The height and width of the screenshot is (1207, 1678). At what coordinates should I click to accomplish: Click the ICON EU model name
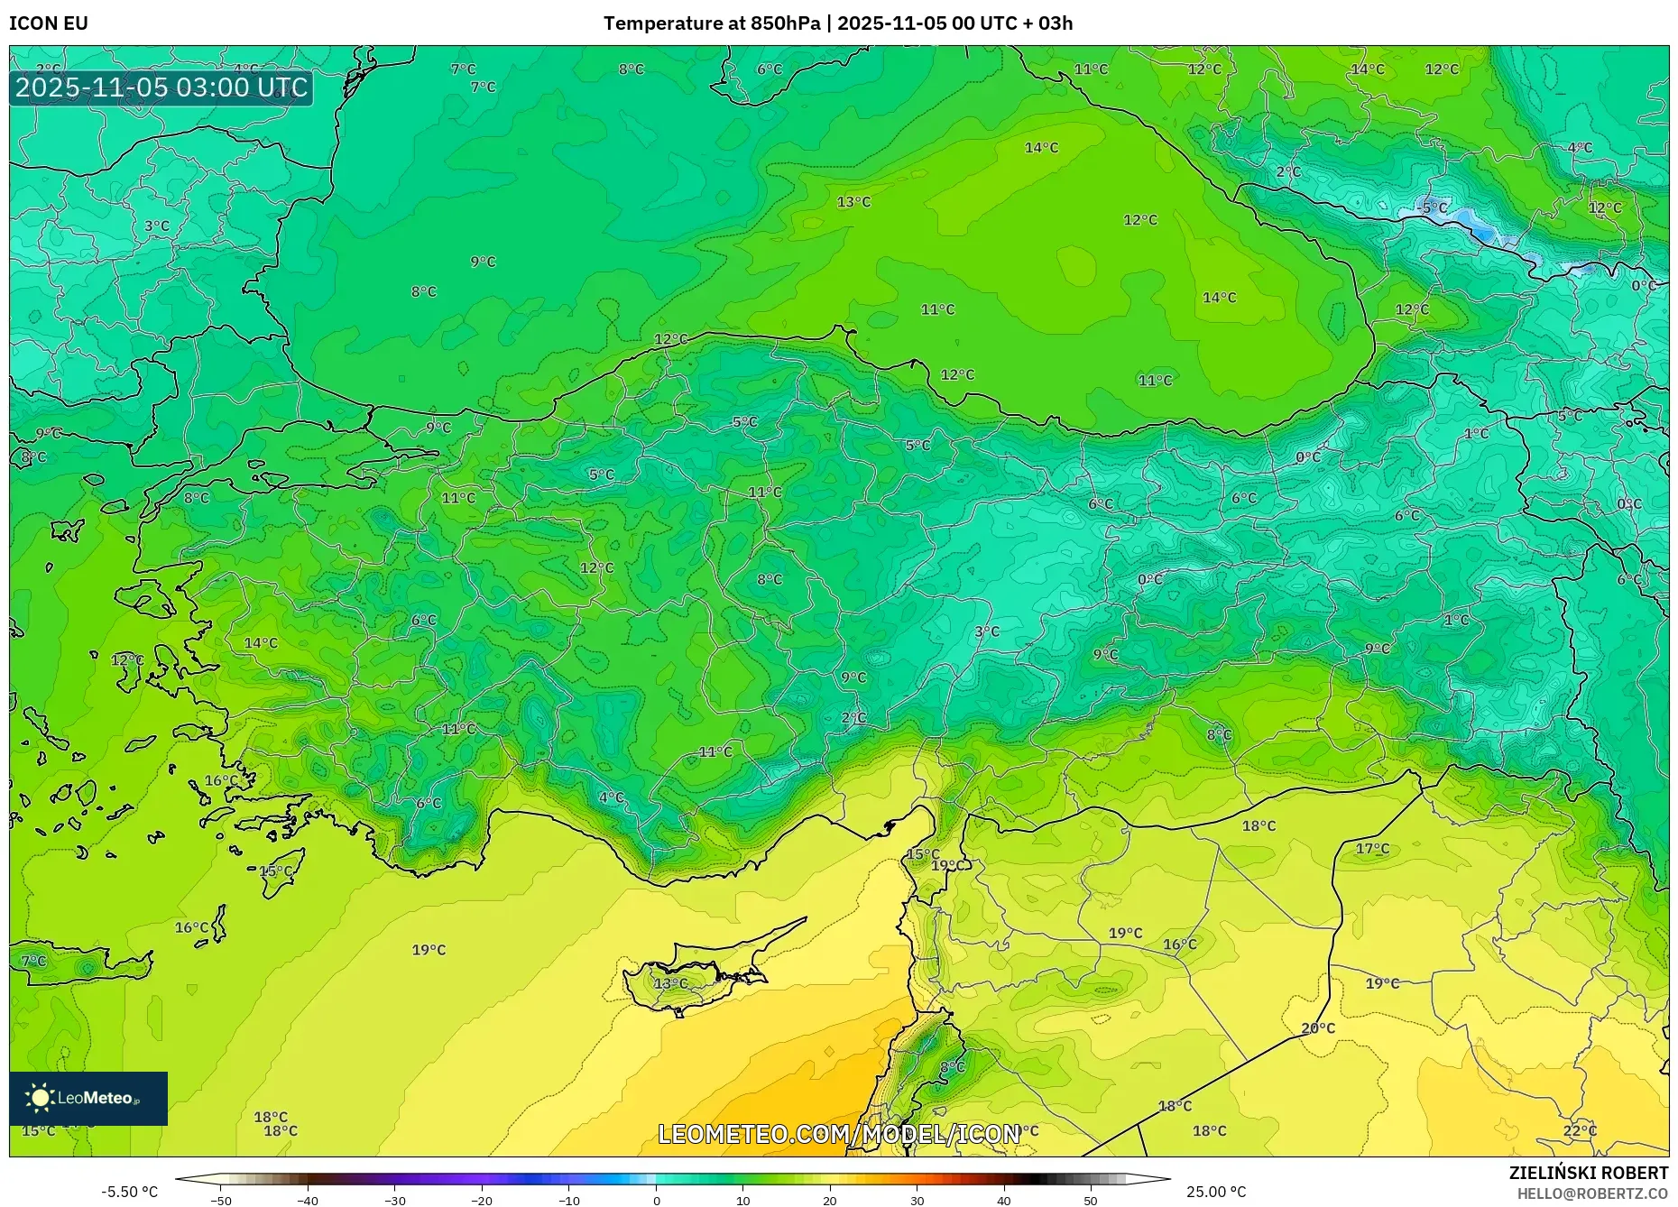tap(49, 23)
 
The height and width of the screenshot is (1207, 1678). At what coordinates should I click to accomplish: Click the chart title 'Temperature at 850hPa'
tap(712, 23)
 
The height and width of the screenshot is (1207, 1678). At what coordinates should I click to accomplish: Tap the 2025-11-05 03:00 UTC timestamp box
tap(161, 88)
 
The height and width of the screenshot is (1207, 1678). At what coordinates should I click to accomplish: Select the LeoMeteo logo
tap(88, 1098)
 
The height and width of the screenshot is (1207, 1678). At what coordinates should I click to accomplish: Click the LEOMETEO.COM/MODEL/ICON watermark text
tap(839, 1134)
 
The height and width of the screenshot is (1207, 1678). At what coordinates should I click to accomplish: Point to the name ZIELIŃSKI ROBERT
tap(1588, 1173)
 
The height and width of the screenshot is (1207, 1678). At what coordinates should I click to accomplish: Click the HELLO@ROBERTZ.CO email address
tap(1592, 1193)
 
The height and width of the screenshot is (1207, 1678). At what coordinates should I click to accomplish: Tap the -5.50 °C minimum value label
tap(129, 1192)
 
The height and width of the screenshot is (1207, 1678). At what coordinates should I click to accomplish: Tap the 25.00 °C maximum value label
tap(1216, 1192)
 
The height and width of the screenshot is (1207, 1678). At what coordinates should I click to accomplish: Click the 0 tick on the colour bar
tap(656, 1200)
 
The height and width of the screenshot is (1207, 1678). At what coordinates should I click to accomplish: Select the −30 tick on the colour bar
tap(394, 1200)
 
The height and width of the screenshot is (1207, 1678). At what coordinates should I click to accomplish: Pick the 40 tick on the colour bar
tap(1004, 1200)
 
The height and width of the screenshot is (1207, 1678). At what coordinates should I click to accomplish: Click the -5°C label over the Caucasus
tap(1432, 208)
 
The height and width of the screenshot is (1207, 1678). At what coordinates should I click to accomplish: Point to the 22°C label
tap(1580, 1130)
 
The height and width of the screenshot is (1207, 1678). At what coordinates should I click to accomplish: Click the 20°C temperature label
tap(1318, 1027)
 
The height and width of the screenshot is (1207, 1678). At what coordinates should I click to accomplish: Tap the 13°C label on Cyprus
tap(670, 983)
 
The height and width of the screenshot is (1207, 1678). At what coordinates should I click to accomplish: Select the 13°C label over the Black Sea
tap(853, 202)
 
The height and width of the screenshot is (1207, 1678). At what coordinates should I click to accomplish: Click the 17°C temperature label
tap(1372, 849)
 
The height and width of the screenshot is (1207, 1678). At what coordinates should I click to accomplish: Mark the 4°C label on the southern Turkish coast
tap(611, 797)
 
